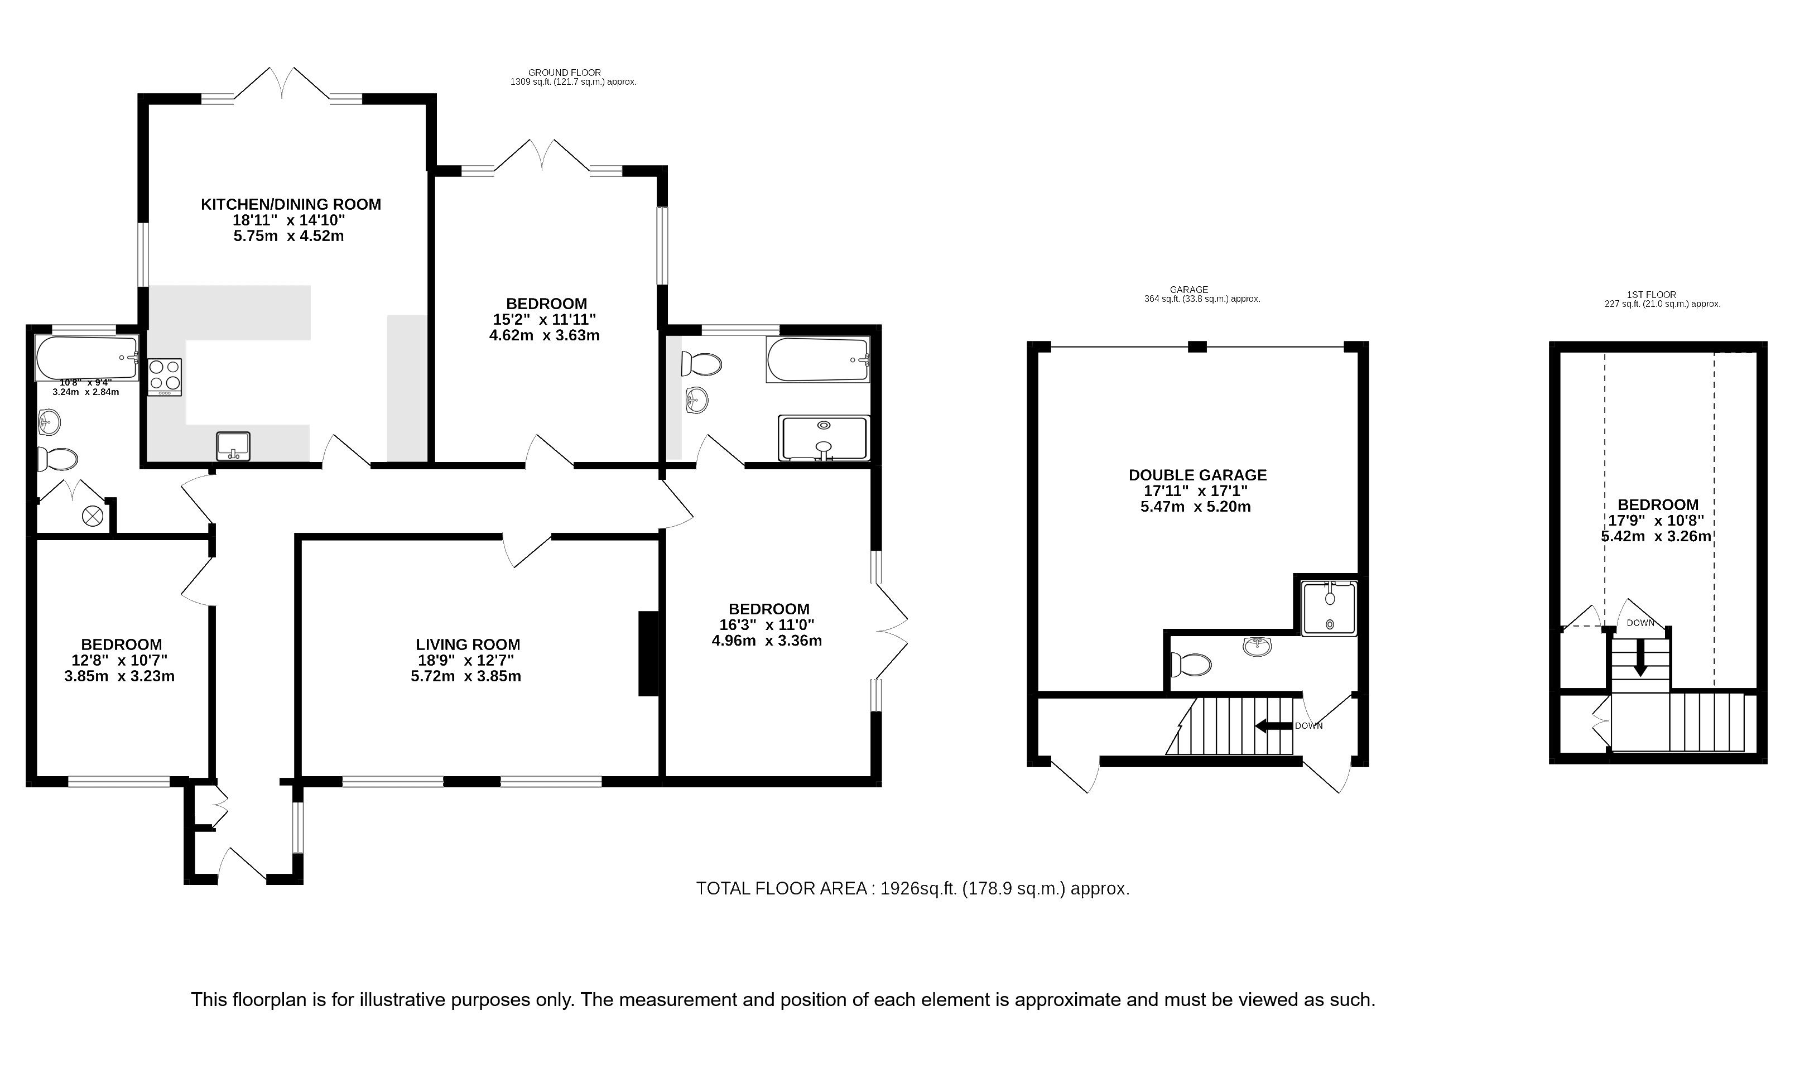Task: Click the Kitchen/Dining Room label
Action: [291, 205]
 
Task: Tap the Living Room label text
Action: [468, 645]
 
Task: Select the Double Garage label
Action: [1198, 475]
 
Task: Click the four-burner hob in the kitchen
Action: [165, 377]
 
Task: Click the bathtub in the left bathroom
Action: [86, 358]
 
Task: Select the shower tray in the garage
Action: [1330, 609]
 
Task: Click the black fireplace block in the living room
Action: [648, 653]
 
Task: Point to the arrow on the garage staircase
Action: [1274, 726]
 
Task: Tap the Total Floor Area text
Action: [912, 889]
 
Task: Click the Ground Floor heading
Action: [565, 73]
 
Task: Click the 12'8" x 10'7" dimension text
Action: [121, 661]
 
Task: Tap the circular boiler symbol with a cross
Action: [93, 516]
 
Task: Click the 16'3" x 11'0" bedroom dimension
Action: [768, 625]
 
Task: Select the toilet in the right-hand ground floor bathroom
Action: [701, 364]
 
